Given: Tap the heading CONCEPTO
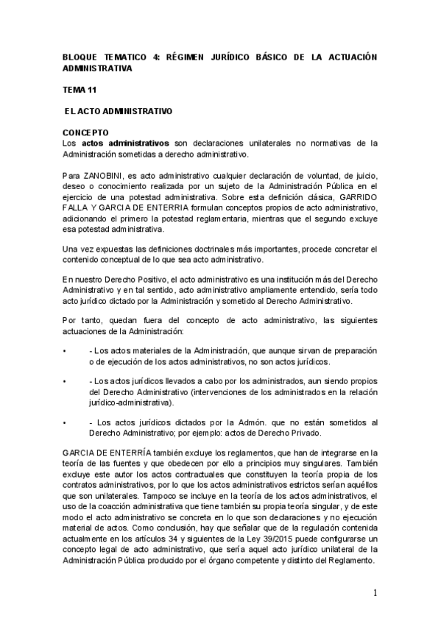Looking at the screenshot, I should (85, 132).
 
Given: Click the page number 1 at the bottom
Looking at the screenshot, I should (375, 593).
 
